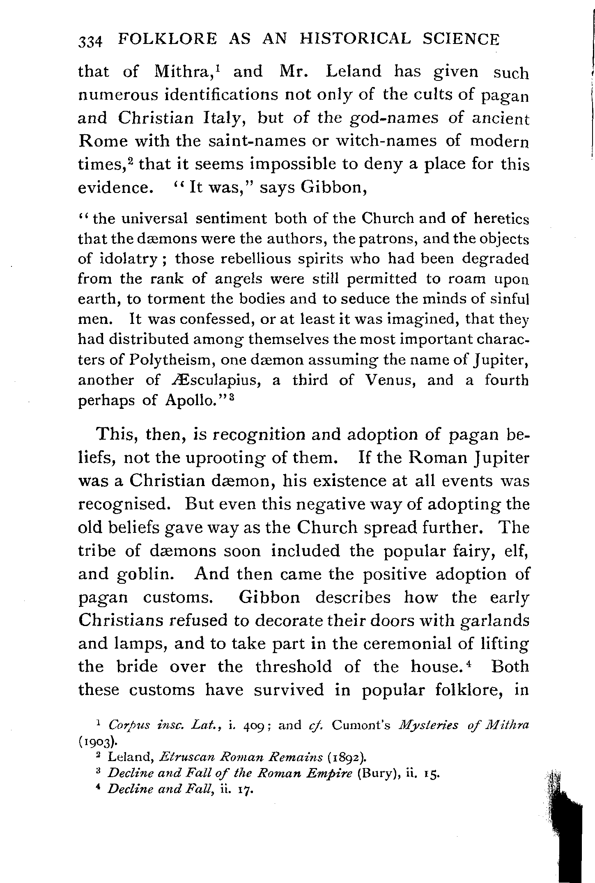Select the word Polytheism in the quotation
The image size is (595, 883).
click(x=172, y=360)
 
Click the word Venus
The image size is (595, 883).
click(x=389, y=380)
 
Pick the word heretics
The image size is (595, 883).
click(x=501, y=219)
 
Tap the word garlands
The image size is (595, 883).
click(x=493, y=620)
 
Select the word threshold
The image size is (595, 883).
click(x=293, y=666)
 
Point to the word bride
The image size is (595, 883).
click(x=137, y=666)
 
